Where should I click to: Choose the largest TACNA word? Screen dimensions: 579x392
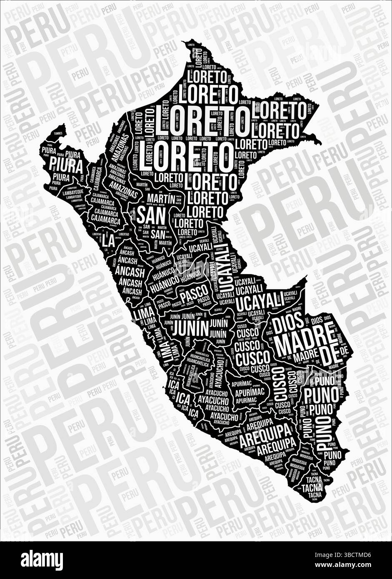pyautogui.click(x=312, y=487)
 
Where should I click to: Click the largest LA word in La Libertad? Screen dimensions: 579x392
pyautogui.click(x=109, y=240)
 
